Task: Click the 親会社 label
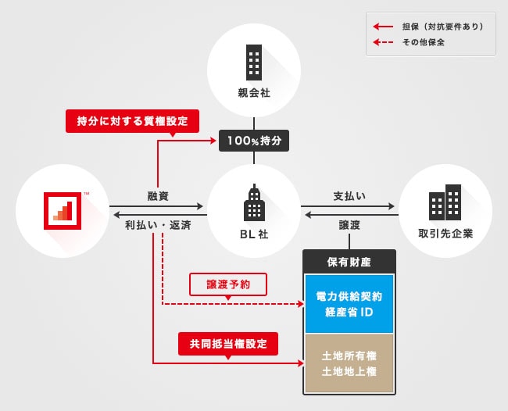pyautogui.click(x=253, y=93)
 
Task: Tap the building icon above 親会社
pyautogui.click(x=253, y=59)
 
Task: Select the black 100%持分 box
pyautogui.click(x=254, y=141)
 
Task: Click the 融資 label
pyautogui.click(x=159, y=195)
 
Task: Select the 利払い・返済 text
pyautogui.click(x=158, y=224)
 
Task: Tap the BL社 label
pyautogui.click(x=254, y=234)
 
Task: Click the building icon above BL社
pyautogui.click(x=253, y=203)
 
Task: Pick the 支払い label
pyautogui.click(x=349, y=195)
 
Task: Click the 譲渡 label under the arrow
pyautogui.click(x=349, y=224)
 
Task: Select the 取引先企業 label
pyautogui.click(x=445, y=234)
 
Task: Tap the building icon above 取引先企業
pyautogui.click(x=445, y=202)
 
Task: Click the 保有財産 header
pyautogui.click(x=349, y=261)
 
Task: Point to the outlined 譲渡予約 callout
pyautogui.click(x=228, y=284)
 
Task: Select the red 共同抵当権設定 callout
pyautogui.click(x=228, y=342)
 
